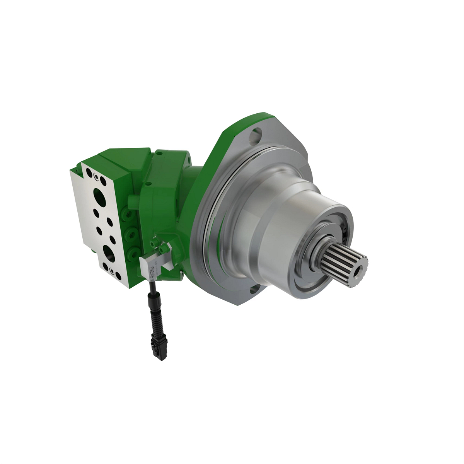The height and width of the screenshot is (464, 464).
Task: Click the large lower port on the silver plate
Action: pyautogui.click(x=108, y=253)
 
